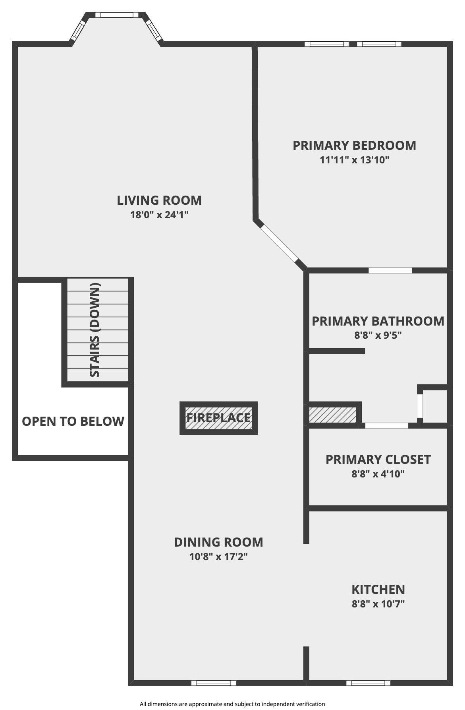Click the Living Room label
click(x=159, y=200)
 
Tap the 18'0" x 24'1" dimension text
click(x=159, y=215)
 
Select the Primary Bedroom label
click(x=354, y=145)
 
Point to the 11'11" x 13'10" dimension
click(x=354, y=160)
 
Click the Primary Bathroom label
click(x=378, y=321)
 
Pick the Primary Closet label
click(x=378, y=460)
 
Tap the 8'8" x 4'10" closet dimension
click(x=378, y=474)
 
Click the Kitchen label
click(x=378, y=589)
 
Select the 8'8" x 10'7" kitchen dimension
click(x=378, y=604)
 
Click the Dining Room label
click(x=218, y=542)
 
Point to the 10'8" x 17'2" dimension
click(x=218, y=557)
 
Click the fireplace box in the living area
click(x=219, y=418)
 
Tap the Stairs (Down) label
click(x=95, y=330)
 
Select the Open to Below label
click(x=73, y=421)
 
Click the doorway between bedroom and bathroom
click(x=390, y=271)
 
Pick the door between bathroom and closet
click(x=386, y=425)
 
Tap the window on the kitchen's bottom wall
click(x=368, y=683)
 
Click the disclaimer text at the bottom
click(x=232, y=704)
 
